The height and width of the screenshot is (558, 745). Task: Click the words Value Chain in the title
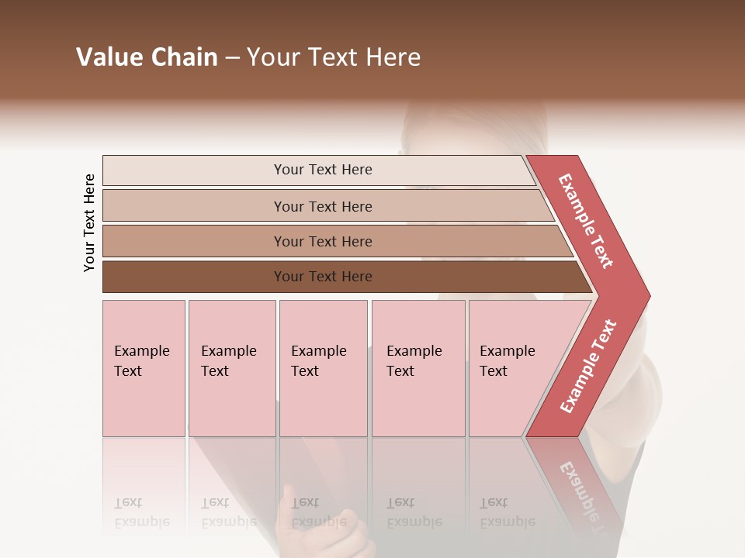coord(147,57)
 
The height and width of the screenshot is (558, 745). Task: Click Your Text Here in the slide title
coord(334,57)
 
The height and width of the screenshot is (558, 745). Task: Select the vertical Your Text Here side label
coord(89,222)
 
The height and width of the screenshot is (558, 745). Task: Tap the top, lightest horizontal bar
coord(194,170)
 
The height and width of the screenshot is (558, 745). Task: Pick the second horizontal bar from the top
coord(194,206)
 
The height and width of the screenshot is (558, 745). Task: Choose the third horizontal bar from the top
coord(194,241)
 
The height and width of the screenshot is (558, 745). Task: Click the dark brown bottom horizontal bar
coord(194,277)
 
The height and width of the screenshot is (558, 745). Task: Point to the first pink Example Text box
coord(144,368)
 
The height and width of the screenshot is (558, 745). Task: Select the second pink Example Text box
coord(232,368)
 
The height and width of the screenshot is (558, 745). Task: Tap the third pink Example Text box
coord(323,368)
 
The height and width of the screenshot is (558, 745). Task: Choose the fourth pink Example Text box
coord(418,368)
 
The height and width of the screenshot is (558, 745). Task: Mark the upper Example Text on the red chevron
coord(586,221)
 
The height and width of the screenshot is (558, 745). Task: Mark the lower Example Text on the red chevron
coord(587,367)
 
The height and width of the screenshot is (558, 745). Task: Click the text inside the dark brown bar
coord(323,277)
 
